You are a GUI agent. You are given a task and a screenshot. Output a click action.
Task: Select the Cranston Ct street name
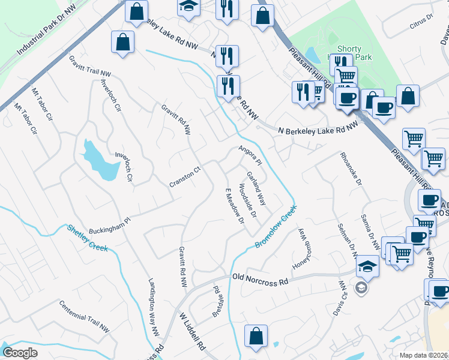coord(184,178)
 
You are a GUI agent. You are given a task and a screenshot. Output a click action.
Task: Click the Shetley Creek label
coord(87,238)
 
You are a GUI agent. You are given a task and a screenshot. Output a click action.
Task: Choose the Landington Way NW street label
coord(155,307)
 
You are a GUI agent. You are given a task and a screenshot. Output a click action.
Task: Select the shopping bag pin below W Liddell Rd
coord(256,337)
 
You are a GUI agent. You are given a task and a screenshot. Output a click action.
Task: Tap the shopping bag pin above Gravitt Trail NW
coord(122,43)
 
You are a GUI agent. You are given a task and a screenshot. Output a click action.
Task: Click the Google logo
coord(20,353)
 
